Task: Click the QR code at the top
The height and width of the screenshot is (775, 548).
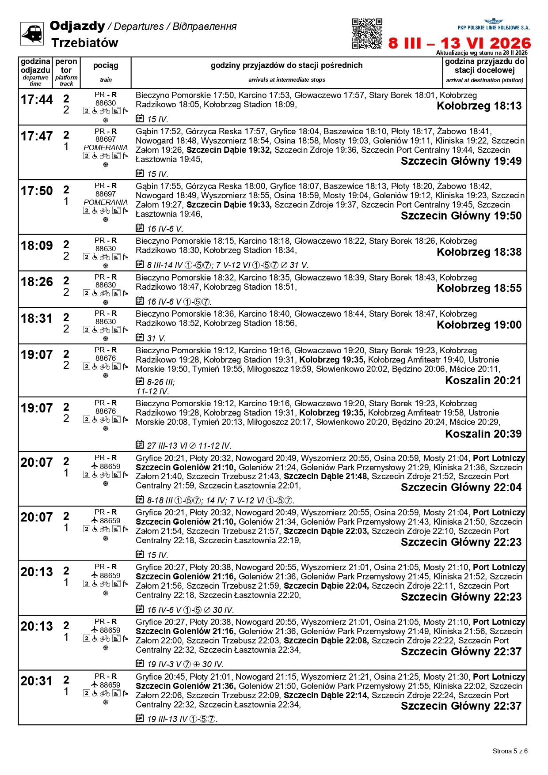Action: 367,34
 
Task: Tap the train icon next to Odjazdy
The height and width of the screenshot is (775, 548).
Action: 32,34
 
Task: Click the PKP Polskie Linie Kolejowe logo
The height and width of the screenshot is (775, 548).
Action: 493,24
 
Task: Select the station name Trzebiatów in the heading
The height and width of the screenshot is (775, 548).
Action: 84,43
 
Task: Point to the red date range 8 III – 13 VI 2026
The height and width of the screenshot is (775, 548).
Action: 459,43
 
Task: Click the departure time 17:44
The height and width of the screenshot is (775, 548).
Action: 37,100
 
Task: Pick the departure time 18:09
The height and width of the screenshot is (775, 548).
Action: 37,246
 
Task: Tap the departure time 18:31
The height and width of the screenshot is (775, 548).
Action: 37,318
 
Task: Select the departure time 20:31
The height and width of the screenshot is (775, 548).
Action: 37,681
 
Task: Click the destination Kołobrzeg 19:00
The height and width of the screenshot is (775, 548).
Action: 479,325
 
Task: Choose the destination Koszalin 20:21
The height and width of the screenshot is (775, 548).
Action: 483,381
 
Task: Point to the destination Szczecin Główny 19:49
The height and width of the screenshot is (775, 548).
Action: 461,161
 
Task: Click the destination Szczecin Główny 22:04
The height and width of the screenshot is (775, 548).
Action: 461,488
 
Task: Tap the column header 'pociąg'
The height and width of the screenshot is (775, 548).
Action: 106,65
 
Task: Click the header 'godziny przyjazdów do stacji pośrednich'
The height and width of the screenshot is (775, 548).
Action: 286,65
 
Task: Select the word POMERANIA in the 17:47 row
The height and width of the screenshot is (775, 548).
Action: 106,147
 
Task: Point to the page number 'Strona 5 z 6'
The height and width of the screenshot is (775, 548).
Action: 510,751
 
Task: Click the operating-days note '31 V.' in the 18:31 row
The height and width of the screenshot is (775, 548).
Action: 156,339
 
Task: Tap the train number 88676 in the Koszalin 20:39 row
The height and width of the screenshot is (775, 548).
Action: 106,411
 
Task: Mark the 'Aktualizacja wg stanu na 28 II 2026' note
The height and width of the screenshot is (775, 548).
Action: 482,53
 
